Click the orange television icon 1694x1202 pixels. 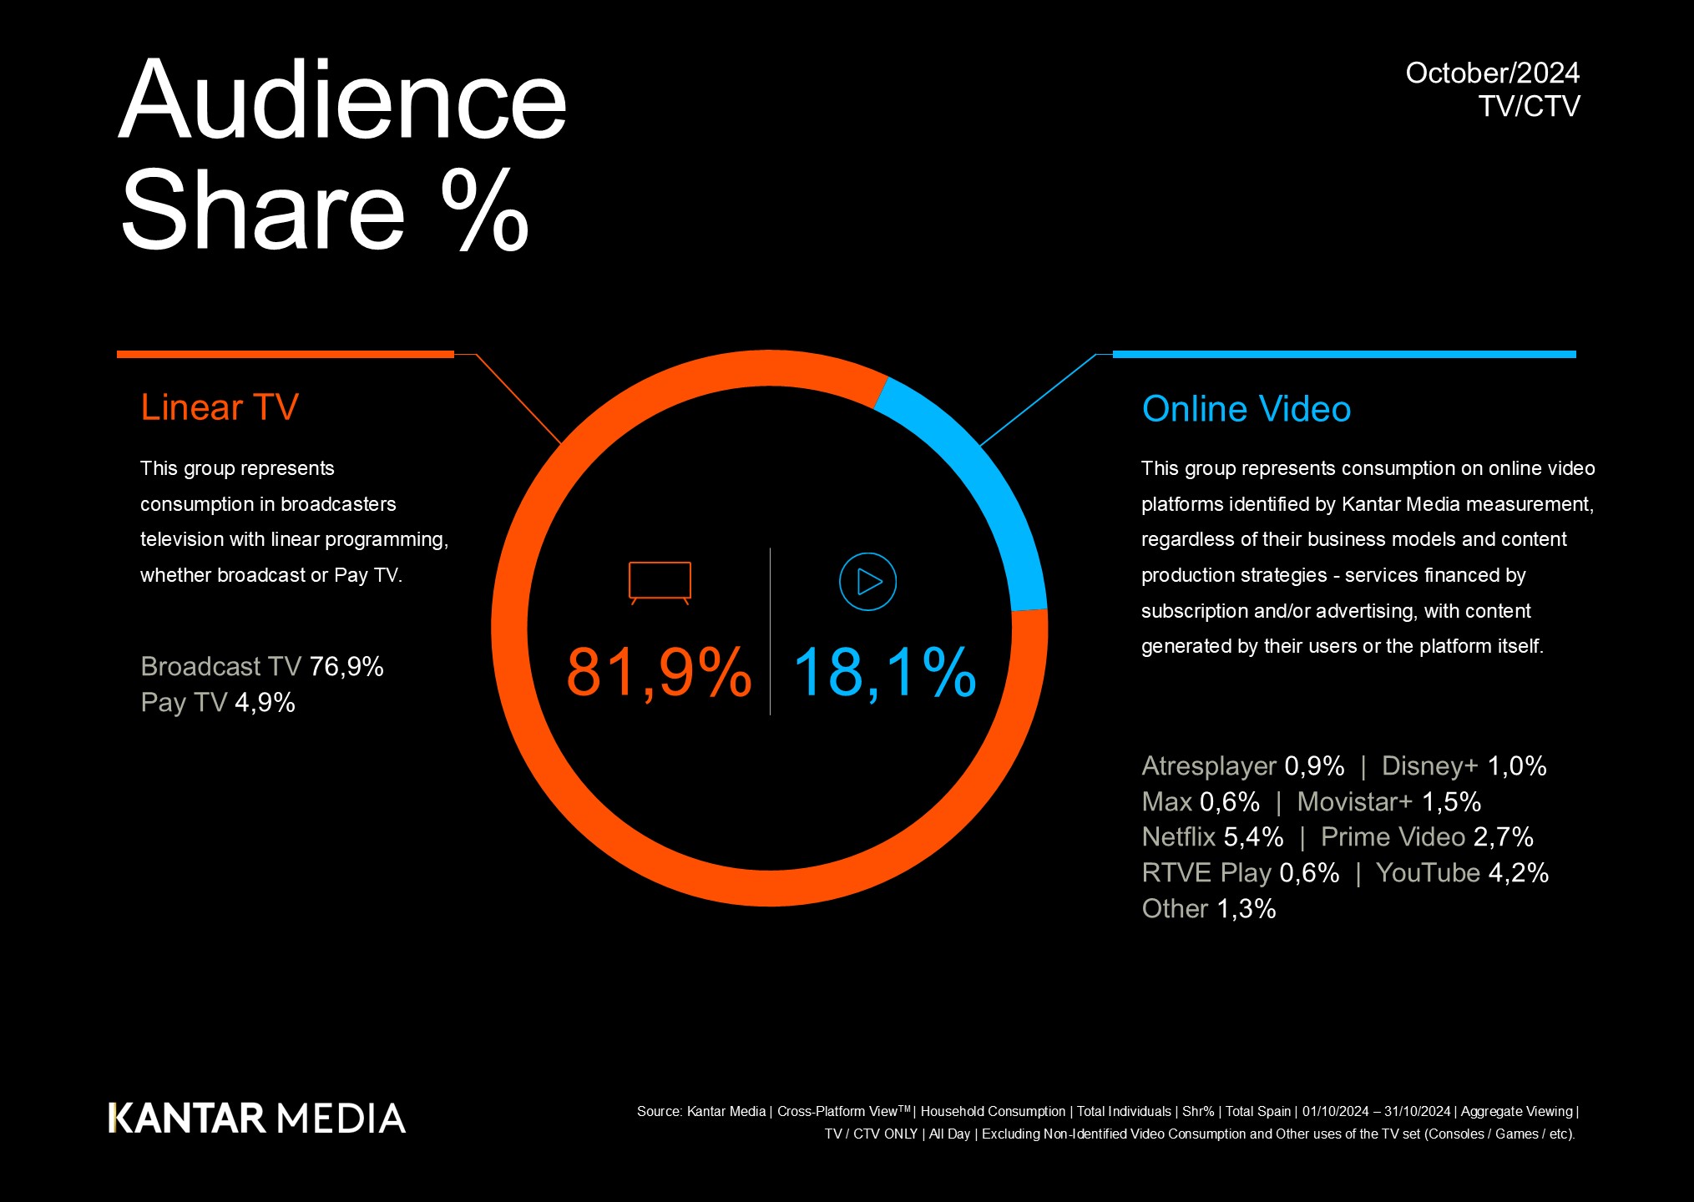click(660, 582)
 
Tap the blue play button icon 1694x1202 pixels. click(867, 582)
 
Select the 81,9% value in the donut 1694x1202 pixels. click(659, 672)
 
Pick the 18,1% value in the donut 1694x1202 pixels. click(884, 672)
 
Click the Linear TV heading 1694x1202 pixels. click(220, 407)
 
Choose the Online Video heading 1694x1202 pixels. click(1246, 409)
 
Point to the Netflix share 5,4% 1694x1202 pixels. click(1253, 836)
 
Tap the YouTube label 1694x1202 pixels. click(1428, 872)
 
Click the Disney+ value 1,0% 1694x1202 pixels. click(1517, 765)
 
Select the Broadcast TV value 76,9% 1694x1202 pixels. click(346, 666)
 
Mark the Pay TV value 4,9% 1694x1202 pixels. click(265, 702)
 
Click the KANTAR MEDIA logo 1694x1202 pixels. click(257, 1119)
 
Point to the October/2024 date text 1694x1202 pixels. click(1492, 73)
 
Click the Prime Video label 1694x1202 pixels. click(1393, 836)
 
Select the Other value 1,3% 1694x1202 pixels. click(1246, 908)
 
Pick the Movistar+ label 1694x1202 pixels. click(1354, 801)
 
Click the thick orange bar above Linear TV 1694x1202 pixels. click(286, 355)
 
